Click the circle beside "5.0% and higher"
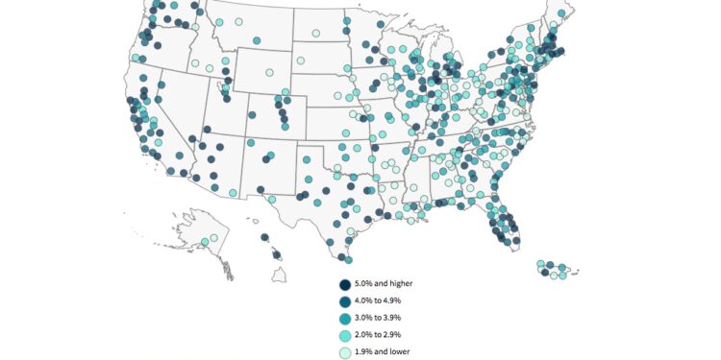tap(344, 284)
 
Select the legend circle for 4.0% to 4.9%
tap(344, 300)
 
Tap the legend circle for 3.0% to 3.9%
tap(344, 317)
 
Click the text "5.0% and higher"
tap(388, 284)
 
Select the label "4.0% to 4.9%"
tap(383, 300)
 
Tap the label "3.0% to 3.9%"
tap(383, 317)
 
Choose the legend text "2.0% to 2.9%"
tap(383, 333)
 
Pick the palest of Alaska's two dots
tap(214, 237)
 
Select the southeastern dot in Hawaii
tap(278, 255)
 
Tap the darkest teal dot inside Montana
tap(257, 40)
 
